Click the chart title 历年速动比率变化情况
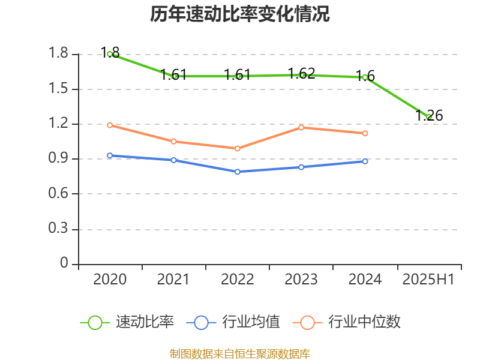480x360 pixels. point(239,14)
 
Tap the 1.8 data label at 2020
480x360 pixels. point(110,52)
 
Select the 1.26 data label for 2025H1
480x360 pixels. point(429,116)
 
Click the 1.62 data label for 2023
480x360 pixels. point(301,74)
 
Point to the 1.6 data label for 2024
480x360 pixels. point(365,76)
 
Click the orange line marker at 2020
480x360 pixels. point(110,125)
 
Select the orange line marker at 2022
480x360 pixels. point(238,148)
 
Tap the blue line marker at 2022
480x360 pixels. point(238,172)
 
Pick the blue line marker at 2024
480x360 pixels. point(365,161)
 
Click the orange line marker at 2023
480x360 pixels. point(301,127)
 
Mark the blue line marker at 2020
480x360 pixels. point(110,155)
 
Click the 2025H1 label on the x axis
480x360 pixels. point(428,280)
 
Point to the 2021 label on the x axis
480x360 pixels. point(173,280)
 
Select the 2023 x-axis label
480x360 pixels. point(301,280)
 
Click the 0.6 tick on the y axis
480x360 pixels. point(61,194)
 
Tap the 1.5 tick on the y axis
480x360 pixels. point(61,89)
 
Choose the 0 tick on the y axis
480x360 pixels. point(64,263)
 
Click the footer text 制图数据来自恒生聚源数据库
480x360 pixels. point(239,353)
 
